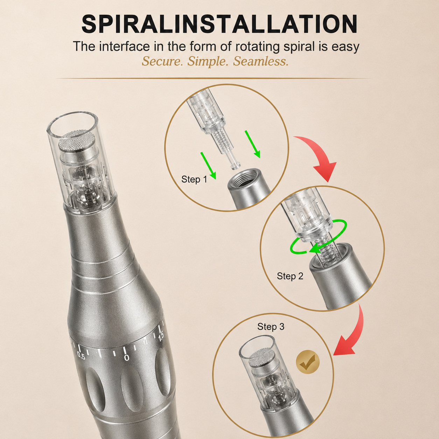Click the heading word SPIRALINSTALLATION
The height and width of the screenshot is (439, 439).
pos(219,24)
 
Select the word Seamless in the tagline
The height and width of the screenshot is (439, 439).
pos(260,61)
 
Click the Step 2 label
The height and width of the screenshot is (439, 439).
pos(290,276)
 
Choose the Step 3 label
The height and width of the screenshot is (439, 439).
pos(271,327)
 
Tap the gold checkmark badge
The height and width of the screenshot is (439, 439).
pos(308,362)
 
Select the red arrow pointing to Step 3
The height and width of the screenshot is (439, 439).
pos(354,333)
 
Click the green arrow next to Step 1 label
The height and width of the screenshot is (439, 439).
pos(208,166)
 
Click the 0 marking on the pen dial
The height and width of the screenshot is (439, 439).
pos(127,358)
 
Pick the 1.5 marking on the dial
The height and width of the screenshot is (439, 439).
pos(161,337)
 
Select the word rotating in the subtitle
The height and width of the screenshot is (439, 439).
pos(257,47)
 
